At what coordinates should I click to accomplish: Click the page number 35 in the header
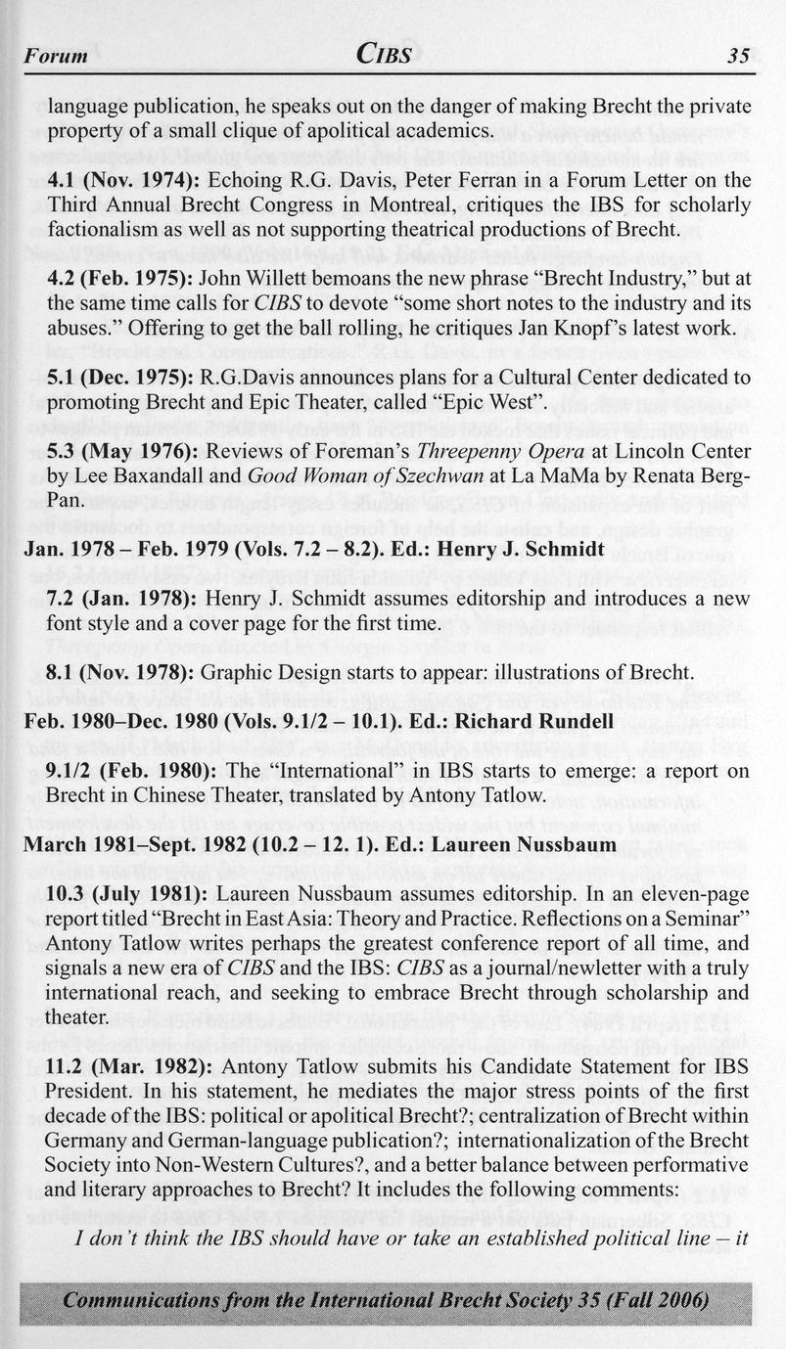point(739,57)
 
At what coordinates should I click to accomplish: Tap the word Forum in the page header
point(56,57)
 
